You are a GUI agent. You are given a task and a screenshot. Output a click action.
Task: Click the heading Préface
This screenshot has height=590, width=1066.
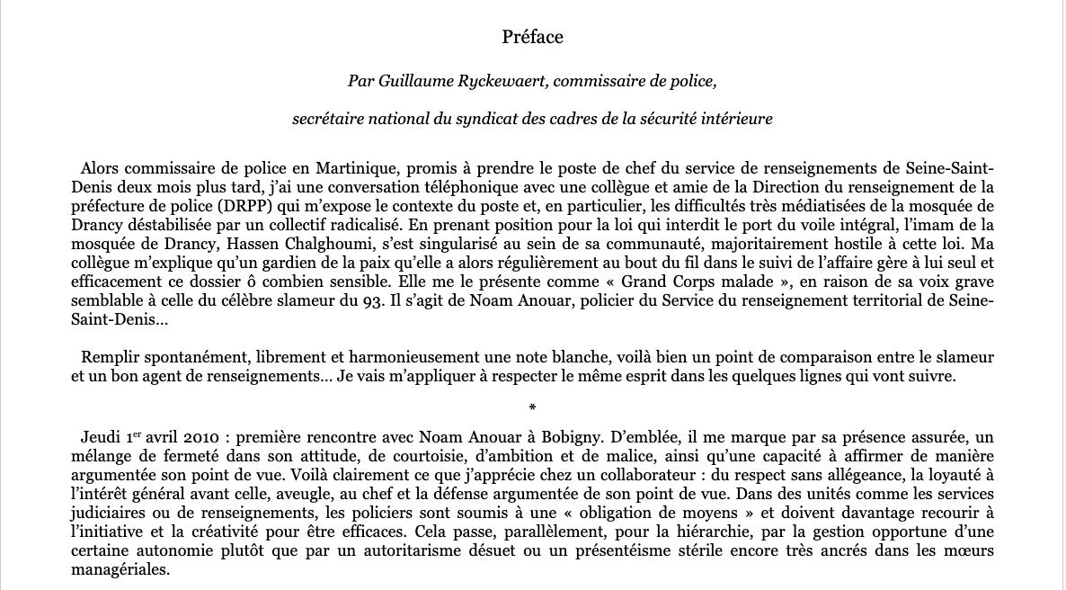[x=532, y=37]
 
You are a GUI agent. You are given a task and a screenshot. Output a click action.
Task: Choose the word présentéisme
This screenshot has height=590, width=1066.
[x=583, y=551]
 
